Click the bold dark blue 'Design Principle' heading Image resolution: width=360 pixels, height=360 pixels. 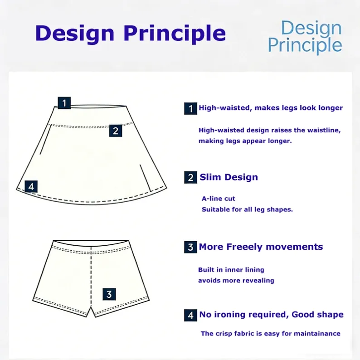(131, 33)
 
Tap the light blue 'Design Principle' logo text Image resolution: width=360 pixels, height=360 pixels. (305, 37)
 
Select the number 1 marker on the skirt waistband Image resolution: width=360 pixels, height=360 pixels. (64, 103)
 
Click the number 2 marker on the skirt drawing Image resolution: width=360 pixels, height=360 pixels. (116, 131)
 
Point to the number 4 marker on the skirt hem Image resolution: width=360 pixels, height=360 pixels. (31, 186)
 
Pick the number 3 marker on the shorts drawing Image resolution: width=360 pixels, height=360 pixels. (109, 294)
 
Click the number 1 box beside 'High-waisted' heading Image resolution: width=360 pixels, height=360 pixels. (190, 108)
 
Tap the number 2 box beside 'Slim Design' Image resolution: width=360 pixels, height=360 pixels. (190, 177)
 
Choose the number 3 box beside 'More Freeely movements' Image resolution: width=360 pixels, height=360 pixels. (190, 247)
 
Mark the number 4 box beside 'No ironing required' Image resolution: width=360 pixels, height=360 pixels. (190, 315)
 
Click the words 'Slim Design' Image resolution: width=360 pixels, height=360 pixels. (229, 177)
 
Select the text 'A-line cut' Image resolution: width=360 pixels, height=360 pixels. (219, 199)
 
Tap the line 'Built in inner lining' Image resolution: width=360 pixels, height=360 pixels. (231, 269)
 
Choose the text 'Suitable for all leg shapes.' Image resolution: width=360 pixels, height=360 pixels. (247, 209)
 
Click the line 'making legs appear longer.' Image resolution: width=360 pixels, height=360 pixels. (245, 141)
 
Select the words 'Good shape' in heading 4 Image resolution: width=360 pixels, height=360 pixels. (317, 315)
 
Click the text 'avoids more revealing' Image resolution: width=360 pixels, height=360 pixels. (236, 280)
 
